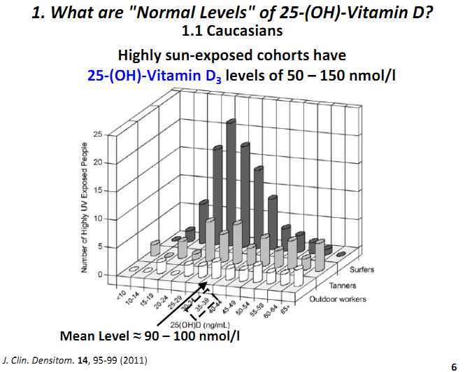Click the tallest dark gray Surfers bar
(230, 175)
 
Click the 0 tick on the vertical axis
(100, 274)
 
